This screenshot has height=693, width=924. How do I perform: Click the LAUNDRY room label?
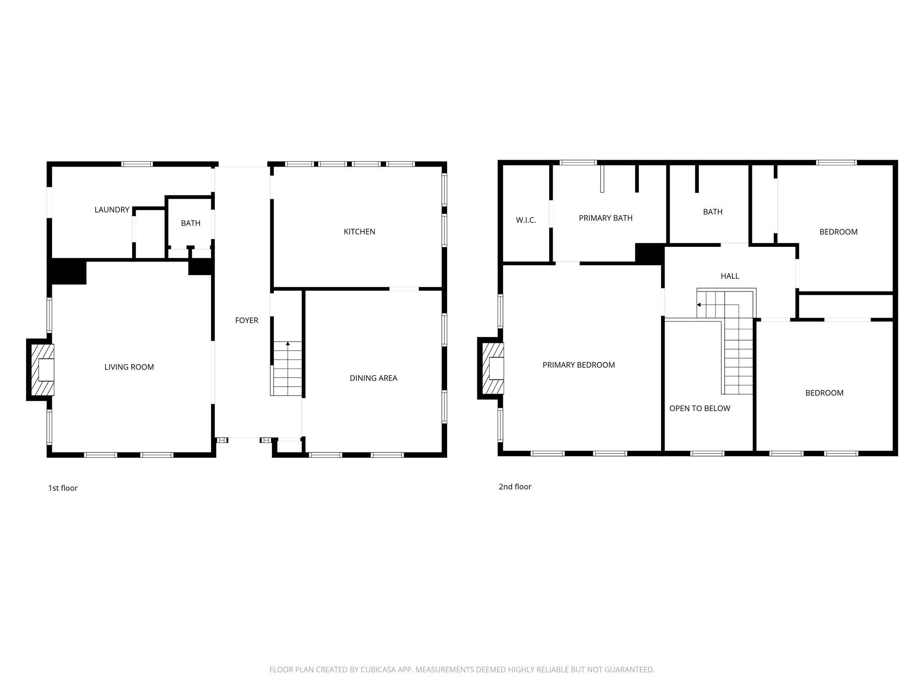coord(111,210)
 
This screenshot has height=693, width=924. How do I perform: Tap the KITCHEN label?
coord(359,231)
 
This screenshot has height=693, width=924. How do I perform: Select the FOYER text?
coord(246,320)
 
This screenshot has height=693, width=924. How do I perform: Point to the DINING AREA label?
coord(373,378)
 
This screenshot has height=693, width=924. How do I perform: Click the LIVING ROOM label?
coord(129,367)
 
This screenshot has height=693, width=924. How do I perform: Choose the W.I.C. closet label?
coord(526,220)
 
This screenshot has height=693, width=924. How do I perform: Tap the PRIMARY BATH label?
coord(605,218)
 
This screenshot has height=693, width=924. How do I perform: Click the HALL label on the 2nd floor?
coord(730,276)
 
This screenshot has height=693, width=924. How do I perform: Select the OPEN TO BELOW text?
coord(699,408)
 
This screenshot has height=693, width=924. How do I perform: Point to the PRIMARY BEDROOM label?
coord(578,365)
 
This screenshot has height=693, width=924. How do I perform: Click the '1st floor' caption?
coord(63,488)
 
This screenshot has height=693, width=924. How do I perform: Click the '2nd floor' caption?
coord(515,487)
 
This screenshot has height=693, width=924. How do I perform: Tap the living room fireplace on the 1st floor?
coord(42,370)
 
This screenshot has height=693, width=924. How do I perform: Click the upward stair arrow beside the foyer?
coord(288,344)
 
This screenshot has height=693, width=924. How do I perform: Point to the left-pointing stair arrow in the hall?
coord(699,305)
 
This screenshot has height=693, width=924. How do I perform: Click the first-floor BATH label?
coord(190,223)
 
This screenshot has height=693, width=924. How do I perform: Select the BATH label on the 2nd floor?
coord(712,212)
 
